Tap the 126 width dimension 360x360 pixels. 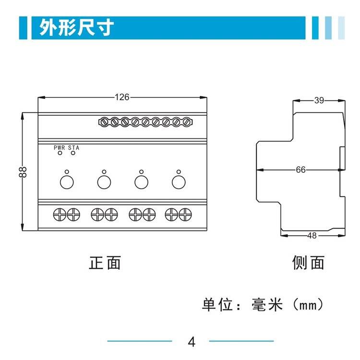pos(122,97)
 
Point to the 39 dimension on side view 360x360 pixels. pos(319,100)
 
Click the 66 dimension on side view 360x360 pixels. pos(300,170)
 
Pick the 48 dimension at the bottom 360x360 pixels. pos(312,236)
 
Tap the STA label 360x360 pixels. pos(73,148)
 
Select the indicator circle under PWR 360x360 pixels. pos(60,154)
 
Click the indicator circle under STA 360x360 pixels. pos(73,154)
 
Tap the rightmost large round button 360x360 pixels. pos(178,182)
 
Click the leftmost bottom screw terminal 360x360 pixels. pos(60,214)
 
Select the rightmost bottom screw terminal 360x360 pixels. pos(185,214)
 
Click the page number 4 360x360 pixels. pos(192,343)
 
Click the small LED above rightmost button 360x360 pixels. pos(178,171)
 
